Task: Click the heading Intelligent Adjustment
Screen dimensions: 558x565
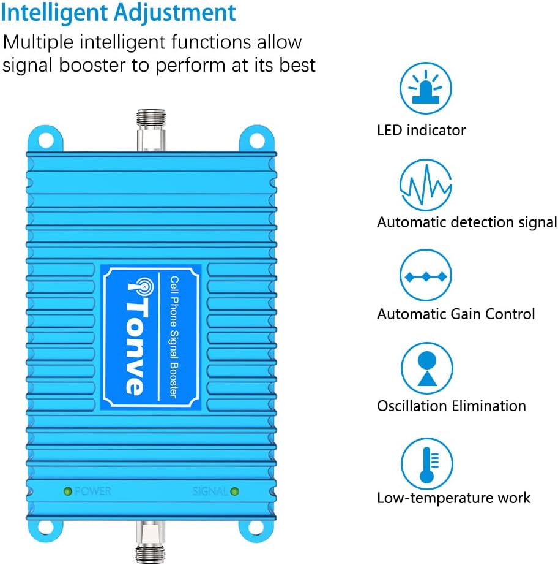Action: (x=118, y=13)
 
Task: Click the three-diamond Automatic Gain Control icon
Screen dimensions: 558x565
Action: (x=426, y=276)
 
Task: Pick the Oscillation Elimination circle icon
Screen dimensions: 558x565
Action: (x=426, y=368)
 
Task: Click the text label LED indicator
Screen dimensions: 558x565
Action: (x=421, y=130)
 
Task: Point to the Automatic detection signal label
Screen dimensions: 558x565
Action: (x=466, y=222)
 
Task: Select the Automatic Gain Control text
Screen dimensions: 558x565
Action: (x=456, y=314)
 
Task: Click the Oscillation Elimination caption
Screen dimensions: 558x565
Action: (x=451, y=406)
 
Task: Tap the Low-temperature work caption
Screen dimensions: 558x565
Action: (x=453, y=498)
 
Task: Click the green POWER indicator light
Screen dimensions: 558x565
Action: (x=67, y=491)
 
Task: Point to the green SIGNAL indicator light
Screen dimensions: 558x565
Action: (x=234, y=491)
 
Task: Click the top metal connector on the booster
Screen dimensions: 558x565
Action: (x=151, y=131)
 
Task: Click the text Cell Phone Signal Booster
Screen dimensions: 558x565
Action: (x=172, y=336)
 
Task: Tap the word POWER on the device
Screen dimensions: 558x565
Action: (x=93, y=491)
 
